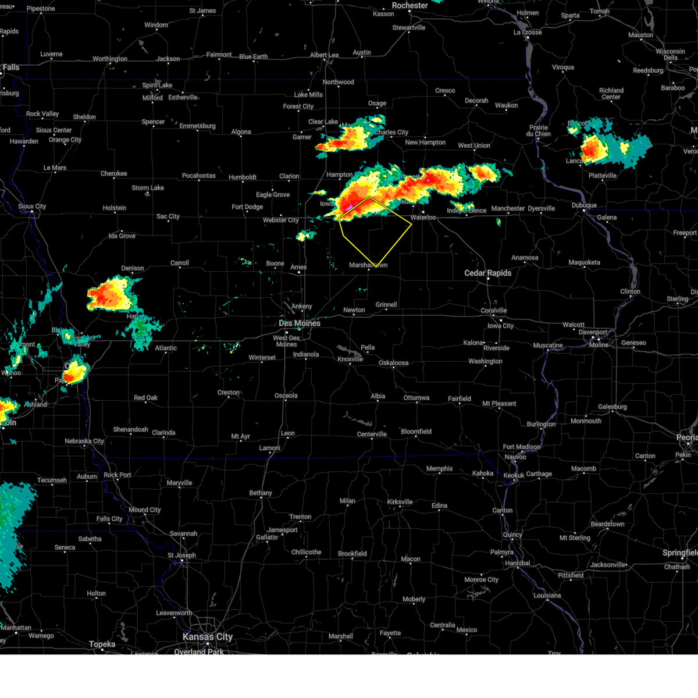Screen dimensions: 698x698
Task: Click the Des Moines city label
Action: [x=299, y=323]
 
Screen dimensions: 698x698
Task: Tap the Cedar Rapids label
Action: [x=487, y=273]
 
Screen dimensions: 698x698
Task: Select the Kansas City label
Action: [x=207, y=637]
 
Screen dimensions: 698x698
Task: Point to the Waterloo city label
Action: [x=423, y=218]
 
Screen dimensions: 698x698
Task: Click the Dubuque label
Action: [x=583, y=205]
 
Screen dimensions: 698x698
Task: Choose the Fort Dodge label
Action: [x=247, y=206]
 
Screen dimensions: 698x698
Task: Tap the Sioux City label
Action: [x=32, y=206]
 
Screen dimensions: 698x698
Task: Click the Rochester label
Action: [x=409, y=5]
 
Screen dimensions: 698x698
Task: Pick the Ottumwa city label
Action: [x=416, y=398]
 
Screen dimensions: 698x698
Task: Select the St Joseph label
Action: [x=181, y=555]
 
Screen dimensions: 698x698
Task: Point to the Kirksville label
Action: [x=400, y=502]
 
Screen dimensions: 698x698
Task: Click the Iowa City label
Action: [x=500, y=326]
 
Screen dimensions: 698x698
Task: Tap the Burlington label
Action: [x=541, y=424]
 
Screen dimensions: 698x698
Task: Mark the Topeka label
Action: [x=102, y=644]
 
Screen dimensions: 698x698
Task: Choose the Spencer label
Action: [x=154, y=122]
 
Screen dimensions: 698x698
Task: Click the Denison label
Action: [x=133, y=268]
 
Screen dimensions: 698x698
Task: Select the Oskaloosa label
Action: [x=394, y=363]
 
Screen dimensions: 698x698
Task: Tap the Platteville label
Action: [x=602, y=176]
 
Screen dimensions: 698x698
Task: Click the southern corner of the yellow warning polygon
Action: [x=376, y=267]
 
